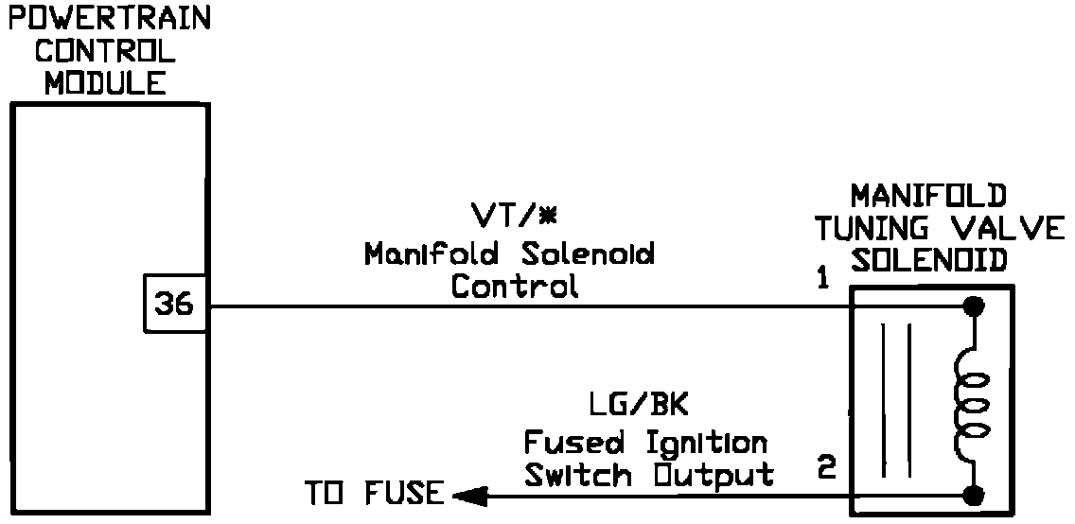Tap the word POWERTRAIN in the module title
107,20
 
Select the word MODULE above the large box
105,82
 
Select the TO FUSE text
373,493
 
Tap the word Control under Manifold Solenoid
514,286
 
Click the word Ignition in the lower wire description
707,441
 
